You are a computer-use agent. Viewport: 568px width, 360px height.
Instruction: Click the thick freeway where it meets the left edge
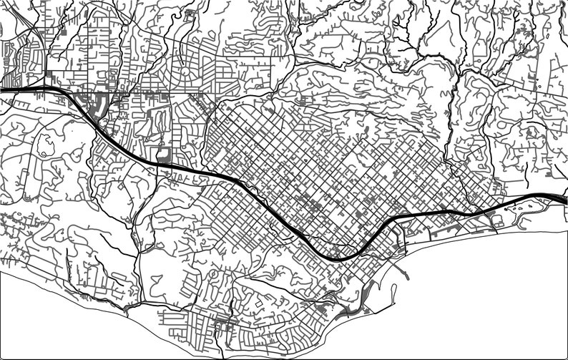(3, 90)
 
